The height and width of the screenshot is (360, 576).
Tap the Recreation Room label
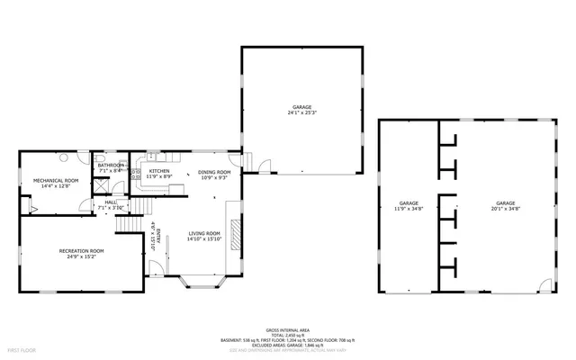point(81,253)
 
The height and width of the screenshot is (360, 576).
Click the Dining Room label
point(214,175)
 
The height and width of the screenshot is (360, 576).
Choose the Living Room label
point(205,237)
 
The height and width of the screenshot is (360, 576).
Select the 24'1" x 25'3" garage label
point(301,110)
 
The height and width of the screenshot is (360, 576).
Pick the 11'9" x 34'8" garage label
point(409,206)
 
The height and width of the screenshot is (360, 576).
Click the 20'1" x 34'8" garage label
point(505,206)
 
